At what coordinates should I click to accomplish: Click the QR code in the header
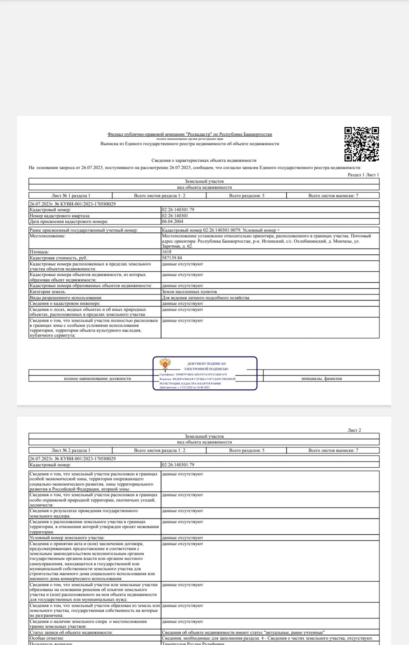click(x=361, y=144)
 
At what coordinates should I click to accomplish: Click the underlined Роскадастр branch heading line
click(x=190, y=134)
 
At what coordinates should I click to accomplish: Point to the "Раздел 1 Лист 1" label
click(x=363, y=175)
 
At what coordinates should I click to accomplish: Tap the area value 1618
click(x=167, y=252)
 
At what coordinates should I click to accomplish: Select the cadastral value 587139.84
click(x=172, y=258)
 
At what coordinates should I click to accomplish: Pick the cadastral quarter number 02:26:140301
click(x=175, y=216)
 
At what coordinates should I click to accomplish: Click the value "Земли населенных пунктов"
click(x=189, y=292)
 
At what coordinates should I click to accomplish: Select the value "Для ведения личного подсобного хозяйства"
click(x=206, y=298)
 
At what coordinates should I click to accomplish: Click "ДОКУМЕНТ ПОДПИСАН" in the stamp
click(x=206, y=364)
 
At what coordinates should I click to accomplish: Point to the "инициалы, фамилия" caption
click(x=322, y=378)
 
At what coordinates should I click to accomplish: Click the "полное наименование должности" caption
click(x=97, y=378)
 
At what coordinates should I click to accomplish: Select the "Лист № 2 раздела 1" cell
click(x=71, y=450)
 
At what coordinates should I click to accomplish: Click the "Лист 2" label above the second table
click(x=354, y=430)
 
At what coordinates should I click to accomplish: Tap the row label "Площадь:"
click(x=39, y=252)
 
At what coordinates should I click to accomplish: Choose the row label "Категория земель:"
click(x=48, y=292)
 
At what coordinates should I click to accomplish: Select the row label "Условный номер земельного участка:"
click(x=67, y=538)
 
